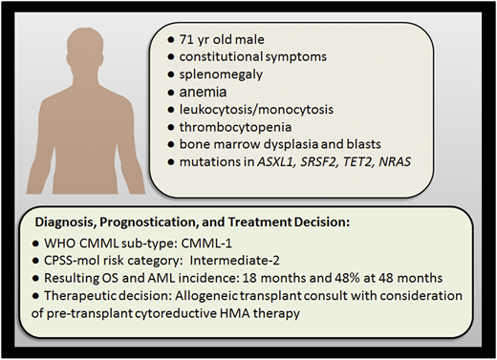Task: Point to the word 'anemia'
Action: click(199, 93)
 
